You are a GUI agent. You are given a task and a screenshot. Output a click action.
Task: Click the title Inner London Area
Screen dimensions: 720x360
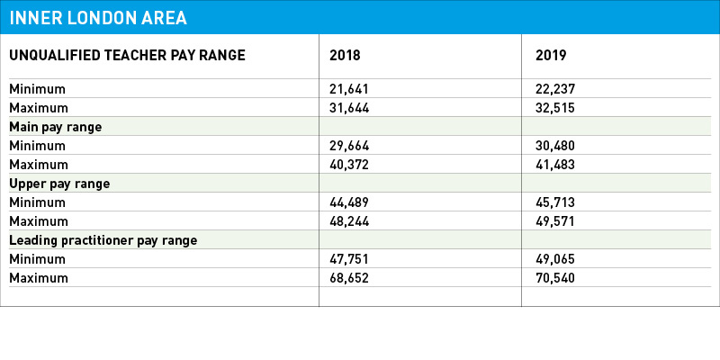coord(98,17)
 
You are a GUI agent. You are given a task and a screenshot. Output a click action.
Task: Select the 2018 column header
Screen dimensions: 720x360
coord(345,56)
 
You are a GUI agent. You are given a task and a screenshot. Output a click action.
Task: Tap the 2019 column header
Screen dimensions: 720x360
coord(551,56)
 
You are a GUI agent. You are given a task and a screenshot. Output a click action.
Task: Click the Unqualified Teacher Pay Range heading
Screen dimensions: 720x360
coord(127,56)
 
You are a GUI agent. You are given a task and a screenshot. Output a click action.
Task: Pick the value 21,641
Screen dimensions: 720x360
coord(349,88)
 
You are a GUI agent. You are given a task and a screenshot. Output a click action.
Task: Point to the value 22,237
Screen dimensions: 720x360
coord(555,88)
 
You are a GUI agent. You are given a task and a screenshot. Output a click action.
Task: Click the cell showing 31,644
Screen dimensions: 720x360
coord(349,108)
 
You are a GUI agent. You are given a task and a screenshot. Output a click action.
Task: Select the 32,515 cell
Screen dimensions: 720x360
coord(555,108)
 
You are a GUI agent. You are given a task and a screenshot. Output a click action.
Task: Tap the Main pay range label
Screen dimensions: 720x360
coord(56,127)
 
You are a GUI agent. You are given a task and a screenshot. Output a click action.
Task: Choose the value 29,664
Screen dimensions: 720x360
coord(349,146)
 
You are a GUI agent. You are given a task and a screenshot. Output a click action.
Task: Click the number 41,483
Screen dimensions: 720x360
coord(555,165)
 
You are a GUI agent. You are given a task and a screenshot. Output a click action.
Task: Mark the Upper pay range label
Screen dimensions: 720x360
coord(59,184)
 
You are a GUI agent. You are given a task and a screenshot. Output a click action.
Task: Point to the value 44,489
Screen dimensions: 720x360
coord(349,202)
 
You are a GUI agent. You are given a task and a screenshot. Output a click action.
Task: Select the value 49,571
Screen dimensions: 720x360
coord(555,221)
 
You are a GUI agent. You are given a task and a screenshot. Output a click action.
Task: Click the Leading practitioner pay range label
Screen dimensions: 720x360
coord(103,240)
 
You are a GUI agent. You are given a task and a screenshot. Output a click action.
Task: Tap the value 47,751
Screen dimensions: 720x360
coord(349,259)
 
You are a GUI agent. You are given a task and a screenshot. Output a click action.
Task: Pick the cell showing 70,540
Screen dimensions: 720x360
coord(555,278)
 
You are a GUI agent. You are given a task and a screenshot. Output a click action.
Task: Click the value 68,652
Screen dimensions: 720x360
coord(349,278)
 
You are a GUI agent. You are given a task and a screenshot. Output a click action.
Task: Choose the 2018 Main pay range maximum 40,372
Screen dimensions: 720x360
coord(349,165)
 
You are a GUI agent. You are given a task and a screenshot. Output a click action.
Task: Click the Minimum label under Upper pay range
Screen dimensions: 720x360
coord(38,202)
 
